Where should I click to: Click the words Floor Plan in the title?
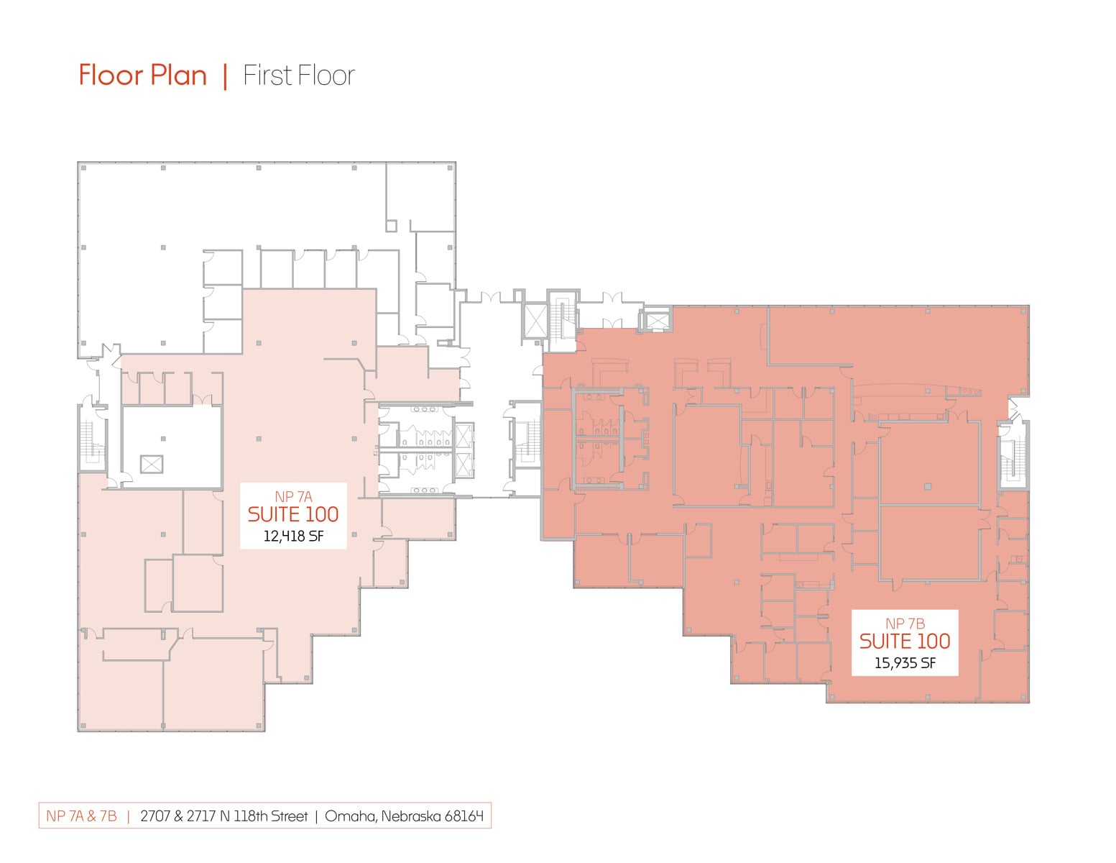pos(143,76)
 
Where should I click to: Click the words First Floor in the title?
pos(299,76)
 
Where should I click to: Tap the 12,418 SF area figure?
pos(293,536)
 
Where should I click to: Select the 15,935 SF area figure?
pos(905,663)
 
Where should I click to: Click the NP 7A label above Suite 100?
pos(293,496)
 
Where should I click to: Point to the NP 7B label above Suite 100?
pos(905,624)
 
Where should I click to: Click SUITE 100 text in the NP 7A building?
pos(293,514)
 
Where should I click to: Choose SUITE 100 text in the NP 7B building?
pos(905,641)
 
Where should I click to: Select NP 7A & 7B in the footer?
pos(82,816)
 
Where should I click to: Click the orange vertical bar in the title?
pos(225,76)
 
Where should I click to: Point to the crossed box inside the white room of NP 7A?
pos(152,464)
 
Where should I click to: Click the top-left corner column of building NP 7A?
pos(83,168)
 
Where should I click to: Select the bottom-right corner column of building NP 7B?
pos(1023,698)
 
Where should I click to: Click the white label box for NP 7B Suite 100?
pos(905,642)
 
